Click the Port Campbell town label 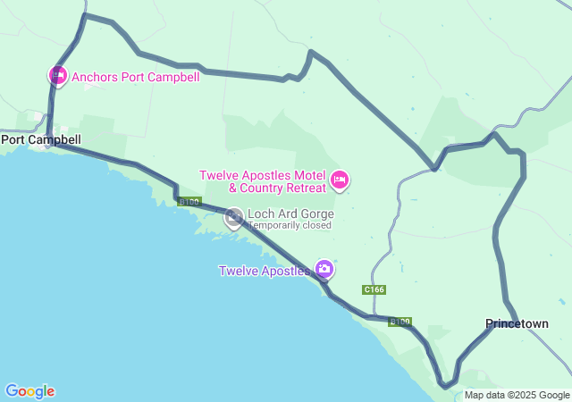pyautogui.click(x=41, y=139)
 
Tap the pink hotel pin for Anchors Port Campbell pyautogui.click(x=57, y=76)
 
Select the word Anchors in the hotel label pyautogui.click(x=96, y=77)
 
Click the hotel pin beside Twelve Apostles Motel pyautogui.click(x=339, y=180)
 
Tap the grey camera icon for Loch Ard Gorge pyautogui.click(x=234, y=216)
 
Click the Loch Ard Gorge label pyautogui.click(x=291, y=214)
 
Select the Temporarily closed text pyautogui.click(x=290, y=225)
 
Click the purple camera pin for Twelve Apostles pyautogui.click(x=324, y=268)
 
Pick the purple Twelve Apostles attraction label pyautogui.click(x=265, y=271)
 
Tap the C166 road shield pyautogui.click(x=374, y=290)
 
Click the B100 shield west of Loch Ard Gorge pyautogui.click(x=189, y=202)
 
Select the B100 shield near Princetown pyautogui.click(x=400, y=322)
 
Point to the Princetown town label pyautogui.click(x=517, y=323)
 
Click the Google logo pyautogui.click(x=29, y=391)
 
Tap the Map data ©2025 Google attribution pyautogui.click(x=517, y=395)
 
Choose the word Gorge pyautogui.click(x=317, y=214)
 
